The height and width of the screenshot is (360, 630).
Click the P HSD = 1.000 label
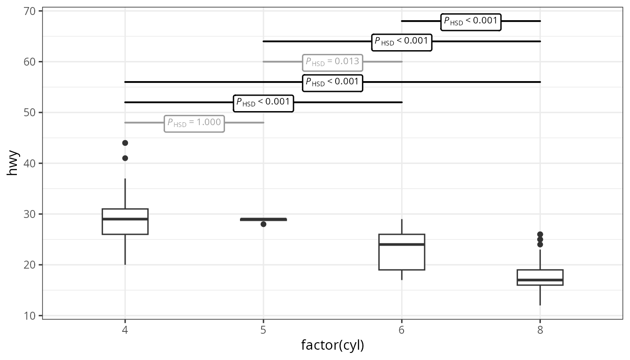(x=195, y=124)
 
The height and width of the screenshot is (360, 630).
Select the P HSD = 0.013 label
(x=332, y=63)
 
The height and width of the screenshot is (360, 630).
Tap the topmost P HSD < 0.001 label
(x=471, y=22)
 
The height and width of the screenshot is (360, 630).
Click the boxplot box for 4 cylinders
(x=125, y=222)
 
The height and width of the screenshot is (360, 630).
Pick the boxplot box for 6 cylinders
(x=402, y=252)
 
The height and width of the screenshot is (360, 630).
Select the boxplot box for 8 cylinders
(x=540, y=277)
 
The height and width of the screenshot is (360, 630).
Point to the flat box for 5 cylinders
(x=263, y=219)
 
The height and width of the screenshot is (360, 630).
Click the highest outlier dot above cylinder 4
(x=125, y=143)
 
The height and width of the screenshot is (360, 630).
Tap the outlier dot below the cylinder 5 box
(x=263, y=224)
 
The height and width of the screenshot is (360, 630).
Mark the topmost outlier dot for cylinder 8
(x=540, y=234)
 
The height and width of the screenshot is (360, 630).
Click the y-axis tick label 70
(x=30, y=11)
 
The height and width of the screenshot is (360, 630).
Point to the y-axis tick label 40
(x=30, y=164)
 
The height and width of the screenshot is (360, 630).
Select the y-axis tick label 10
(x=30, y=316)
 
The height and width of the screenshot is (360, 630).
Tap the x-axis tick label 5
(x=263, y=330)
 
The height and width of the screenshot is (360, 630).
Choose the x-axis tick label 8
(x=540, y=330)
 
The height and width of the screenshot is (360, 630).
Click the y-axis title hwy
(x=12, y=163)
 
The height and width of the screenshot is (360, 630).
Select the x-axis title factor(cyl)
(x=332, y=345)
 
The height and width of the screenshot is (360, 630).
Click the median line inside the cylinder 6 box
(x=402, y=244)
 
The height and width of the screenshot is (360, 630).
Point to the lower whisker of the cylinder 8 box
(x=540, y=295)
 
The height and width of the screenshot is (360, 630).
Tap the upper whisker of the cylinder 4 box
(x=125, y=194)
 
